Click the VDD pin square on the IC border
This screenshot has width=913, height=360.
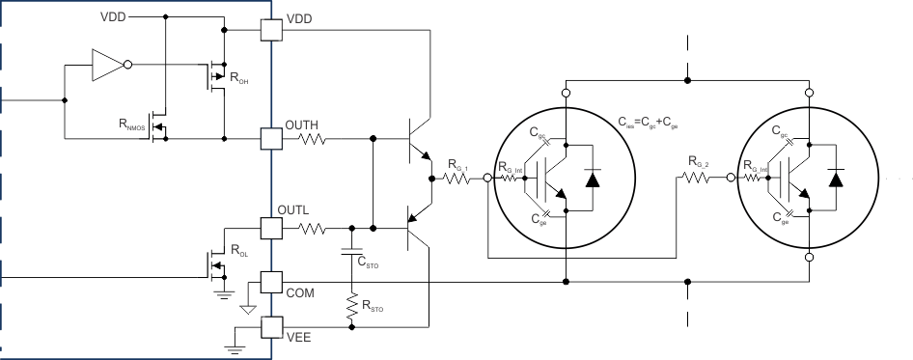pos(271,31)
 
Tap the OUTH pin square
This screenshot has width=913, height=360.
pos(271,138)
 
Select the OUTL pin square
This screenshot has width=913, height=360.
pos(271,229)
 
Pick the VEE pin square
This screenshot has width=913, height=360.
pos(271,329)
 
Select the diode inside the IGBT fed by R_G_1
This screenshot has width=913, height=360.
pos(592,178)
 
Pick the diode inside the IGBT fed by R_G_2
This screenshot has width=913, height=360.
pos(835,178)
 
